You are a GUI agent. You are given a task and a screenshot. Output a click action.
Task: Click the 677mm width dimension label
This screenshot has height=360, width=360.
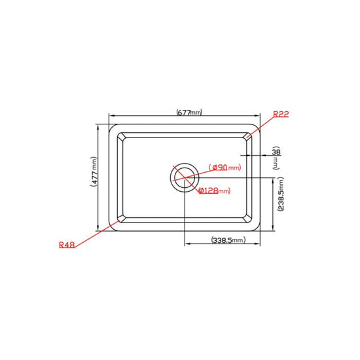coord(189,113)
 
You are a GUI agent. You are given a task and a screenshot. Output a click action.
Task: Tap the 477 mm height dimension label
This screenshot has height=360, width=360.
coord(94,171)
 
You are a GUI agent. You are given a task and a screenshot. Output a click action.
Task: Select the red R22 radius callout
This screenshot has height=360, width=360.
coord(281,114)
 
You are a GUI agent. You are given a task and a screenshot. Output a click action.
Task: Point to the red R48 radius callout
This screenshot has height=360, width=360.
coord(67,245)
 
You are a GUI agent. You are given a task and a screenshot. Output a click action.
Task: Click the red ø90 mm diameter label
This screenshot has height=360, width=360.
coord(225,168)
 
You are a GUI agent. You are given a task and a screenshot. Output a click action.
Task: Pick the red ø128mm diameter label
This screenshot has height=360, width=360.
coord(214,190)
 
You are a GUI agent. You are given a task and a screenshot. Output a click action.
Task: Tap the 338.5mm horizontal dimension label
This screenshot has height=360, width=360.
coord(228,240)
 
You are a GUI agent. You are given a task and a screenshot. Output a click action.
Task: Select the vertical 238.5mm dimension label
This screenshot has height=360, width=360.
coord(281,194)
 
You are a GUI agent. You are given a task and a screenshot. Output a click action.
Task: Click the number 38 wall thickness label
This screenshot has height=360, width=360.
coord(276,152)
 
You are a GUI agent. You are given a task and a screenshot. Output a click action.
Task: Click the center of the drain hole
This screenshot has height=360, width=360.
coord(185,177)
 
